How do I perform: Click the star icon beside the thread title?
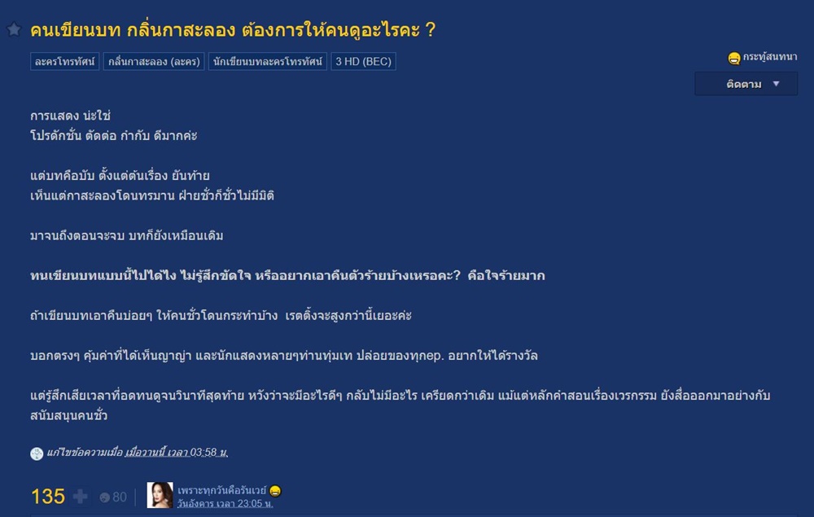[14, 29]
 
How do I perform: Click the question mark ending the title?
[430, 30]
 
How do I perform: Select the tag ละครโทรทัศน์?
[65, 61]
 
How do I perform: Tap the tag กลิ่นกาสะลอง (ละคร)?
[154, 61]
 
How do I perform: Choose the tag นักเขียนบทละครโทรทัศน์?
[267, 61]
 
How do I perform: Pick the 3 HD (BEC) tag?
[363, 61]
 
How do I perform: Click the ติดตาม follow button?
[746, 84]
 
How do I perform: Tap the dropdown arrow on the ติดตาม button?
[776, 84]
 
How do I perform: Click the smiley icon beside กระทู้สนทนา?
[734, 58]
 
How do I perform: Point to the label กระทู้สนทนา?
[770, 57]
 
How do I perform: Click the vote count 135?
[48, 497]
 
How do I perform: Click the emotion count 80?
[120, 497]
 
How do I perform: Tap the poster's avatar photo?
[160, 495]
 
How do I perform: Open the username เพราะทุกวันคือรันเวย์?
[221, 490]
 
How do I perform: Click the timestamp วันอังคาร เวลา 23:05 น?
[225, 503]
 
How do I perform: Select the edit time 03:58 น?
[208, 453]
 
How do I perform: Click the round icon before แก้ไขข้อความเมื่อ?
[37, 453]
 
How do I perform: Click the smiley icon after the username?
[275, 490]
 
